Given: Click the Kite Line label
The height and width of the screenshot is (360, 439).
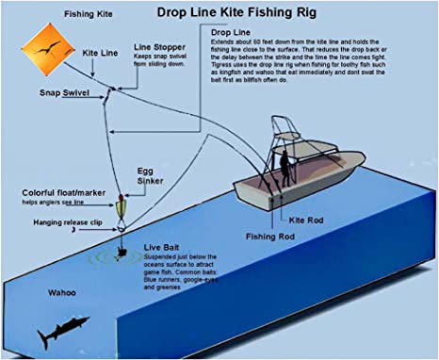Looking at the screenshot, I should pos(101,54).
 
